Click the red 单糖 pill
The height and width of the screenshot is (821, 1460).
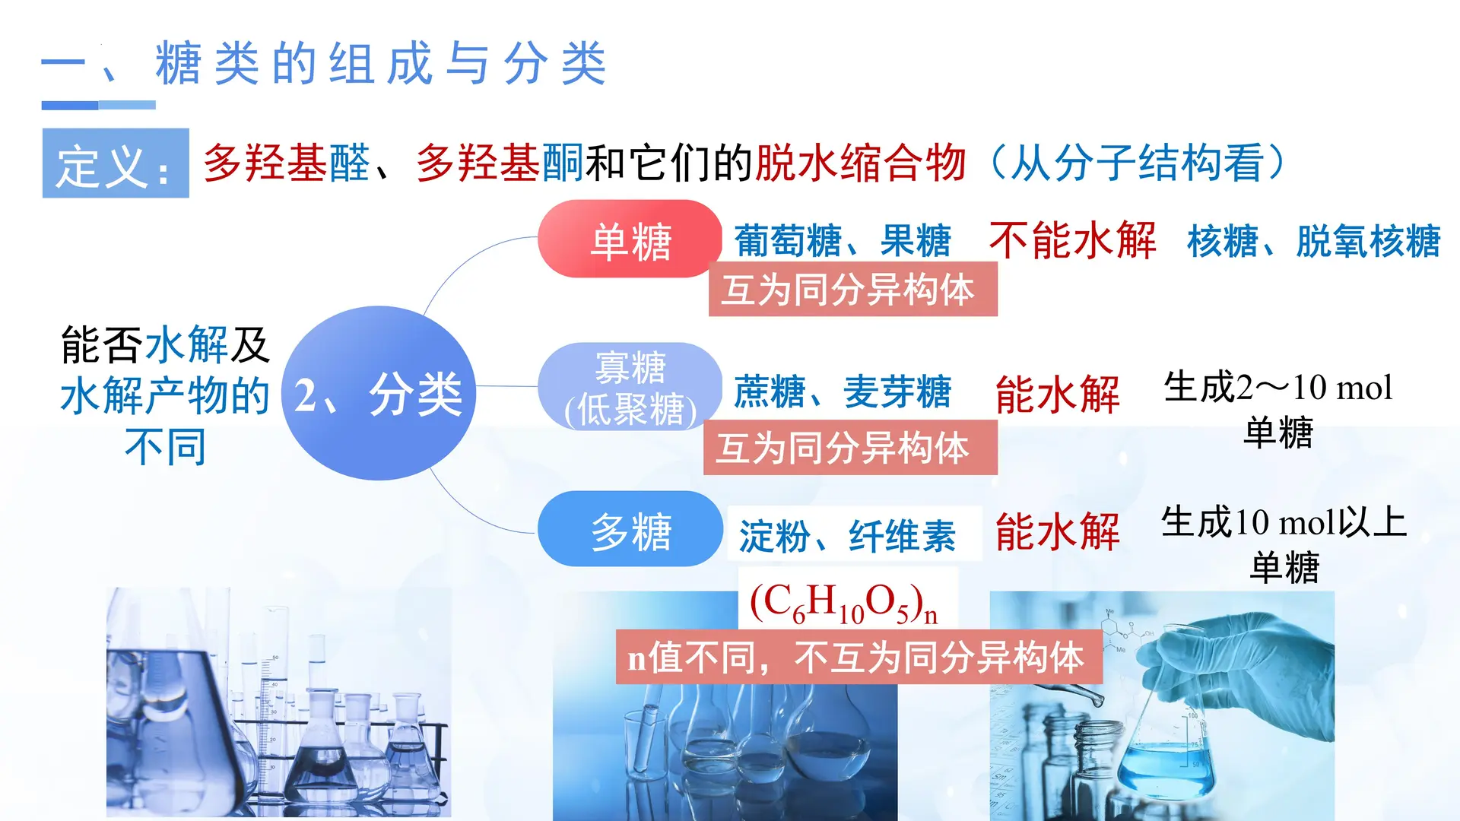630,239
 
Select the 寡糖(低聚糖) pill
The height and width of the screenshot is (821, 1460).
630,388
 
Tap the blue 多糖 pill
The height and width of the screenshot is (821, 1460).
630,530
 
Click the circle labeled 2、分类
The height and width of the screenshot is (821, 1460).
379,393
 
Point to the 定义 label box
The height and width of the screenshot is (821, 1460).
116,163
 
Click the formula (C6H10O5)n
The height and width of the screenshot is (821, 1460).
844,602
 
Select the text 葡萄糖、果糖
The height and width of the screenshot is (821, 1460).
843,241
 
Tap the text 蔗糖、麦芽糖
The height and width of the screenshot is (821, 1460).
843,392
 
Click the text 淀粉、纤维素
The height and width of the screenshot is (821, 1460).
847,536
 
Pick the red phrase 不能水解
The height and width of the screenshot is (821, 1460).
1072,241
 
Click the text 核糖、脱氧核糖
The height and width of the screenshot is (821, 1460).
1314,241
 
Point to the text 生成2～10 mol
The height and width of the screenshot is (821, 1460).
1277,388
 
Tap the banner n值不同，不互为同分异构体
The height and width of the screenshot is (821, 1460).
858,657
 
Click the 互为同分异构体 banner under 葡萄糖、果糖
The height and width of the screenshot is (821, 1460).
852,290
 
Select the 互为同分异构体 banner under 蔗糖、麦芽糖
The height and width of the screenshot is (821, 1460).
849,448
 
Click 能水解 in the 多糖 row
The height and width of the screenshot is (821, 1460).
1057,531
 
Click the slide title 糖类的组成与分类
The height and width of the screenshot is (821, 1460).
380,64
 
